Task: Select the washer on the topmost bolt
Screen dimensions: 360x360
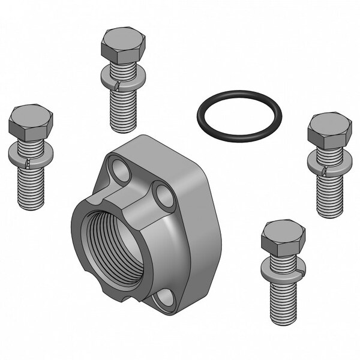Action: pyautogui.click(x=123, y=77)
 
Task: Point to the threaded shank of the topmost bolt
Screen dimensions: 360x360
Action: pyautogui.click(x=123, y=111)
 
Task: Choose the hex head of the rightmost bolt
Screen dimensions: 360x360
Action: pyautogui.click(x=329, y=128)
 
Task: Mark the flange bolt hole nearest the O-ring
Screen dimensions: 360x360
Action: pyautogui.click(x=163, y=193)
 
